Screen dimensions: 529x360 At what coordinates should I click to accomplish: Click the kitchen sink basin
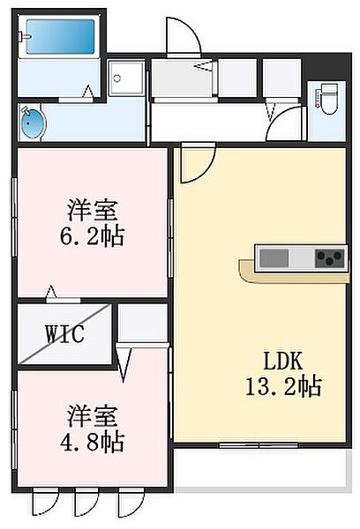coord(273,258)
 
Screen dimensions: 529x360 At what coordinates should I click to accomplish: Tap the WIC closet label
coord(65,334)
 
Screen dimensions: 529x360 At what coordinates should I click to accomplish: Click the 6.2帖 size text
coord(93,235)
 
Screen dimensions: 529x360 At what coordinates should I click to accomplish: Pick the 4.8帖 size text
coord(93,440)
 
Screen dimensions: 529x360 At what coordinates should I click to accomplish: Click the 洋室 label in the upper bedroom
coord(93,212)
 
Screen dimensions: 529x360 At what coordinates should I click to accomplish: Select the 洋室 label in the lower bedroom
coord(93,415)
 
